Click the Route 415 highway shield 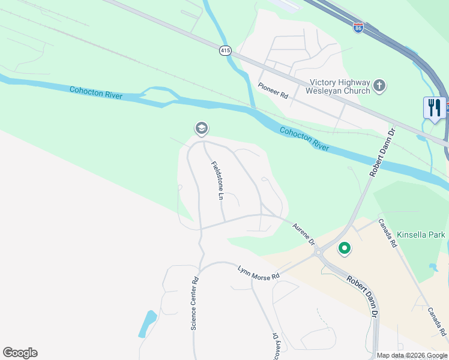point(225,52)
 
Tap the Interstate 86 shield point(358,28)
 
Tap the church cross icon point(379,86)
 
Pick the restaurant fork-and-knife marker point(434,108)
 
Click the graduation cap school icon point(201,128)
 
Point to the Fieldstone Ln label point(217,180)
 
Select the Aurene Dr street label point(303,234)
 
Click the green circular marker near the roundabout point(345,247)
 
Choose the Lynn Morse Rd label point(259,272)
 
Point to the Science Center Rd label point(194,304)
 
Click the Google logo point(20,353)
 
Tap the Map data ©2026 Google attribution point(412,355)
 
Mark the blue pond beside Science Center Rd point(147,324)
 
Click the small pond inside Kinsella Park point(433,266)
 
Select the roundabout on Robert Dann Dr point(318,253)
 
